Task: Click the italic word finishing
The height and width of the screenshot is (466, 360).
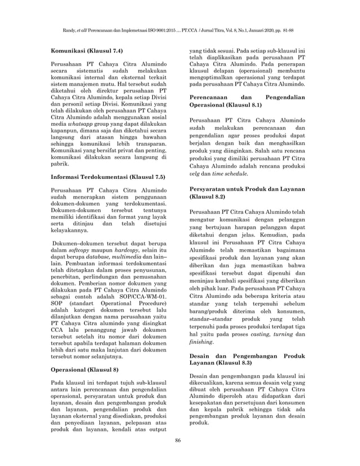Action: click(201, 341)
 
